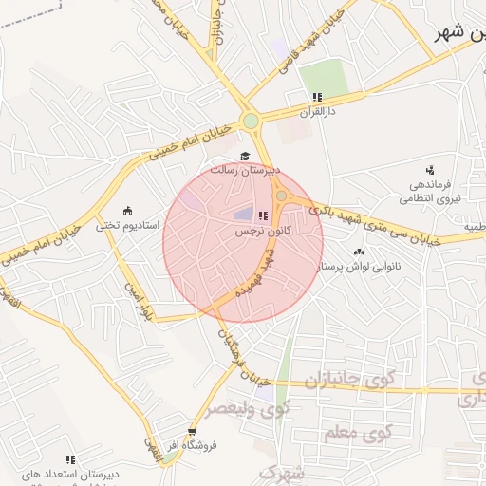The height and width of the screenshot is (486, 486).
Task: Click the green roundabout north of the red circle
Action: [x=250, y=121]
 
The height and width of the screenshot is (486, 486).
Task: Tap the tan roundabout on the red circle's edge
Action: [x=282, y=196]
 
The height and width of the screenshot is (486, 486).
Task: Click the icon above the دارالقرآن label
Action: [x=317, y=97]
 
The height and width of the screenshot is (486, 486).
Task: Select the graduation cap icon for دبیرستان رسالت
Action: [x=245, y=156]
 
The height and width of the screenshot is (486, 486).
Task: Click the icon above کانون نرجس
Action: [x=263, y=216]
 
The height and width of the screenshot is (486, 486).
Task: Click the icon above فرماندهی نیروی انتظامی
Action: [x=429, y=169]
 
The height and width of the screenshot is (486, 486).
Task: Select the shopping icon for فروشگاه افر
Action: [x=193, y=431]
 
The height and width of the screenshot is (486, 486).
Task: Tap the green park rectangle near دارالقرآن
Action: [x=325, y=76]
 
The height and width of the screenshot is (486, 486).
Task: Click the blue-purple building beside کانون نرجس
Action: [x=244, y=215]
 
